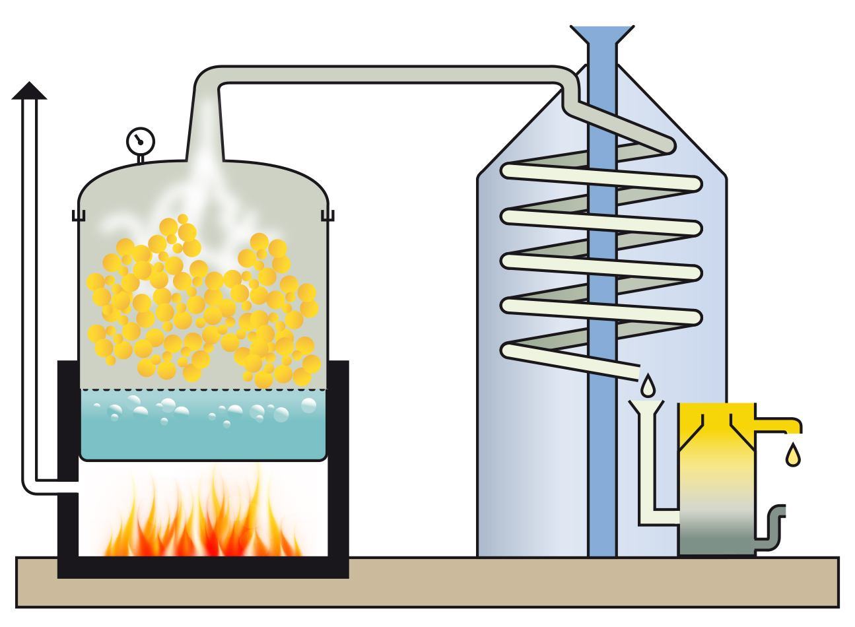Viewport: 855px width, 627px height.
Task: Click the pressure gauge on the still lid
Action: click(x=140, y=141)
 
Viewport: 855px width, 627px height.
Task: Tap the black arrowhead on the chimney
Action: click(x=30, y=91)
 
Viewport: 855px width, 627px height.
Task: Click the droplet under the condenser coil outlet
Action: click(x=648, y=385)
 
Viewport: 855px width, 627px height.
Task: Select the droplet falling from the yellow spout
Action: click(x=793, y=455)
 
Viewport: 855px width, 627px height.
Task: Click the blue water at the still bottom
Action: click(x=203, y=429)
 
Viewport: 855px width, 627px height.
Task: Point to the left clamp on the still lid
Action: click(x=79, y=215)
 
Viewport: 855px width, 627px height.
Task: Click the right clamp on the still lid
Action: click(x=327, y=215)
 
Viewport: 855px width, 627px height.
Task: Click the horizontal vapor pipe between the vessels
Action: click(x=390, y=75)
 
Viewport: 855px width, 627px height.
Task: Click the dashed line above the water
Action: click(x=203, y=389)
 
